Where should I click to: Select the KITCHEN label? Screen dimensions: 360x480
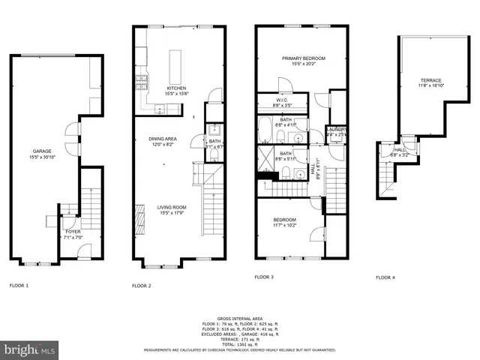pyautogui.click(x=176, y=88)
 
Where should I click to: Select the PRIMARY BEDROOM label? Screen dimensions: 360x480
pyautogui.click(x=304, y=58)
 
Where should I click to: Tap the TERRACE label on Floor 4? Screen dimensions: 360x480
pyautogui.click(x=430, y=80)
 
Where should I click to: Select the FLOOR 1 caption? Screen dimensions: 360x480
pyautogui.click(x=19, y=286)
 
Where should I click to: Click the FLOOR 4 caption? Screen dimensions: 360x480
pyautogui.click(x=385, y=277)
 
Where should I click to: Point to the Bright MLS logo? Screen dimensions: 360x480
pyautogui.click(x=30, y=349)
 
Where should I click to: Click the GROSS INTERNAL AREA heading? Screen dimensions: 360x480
pyautogui.click(x=239, y=319)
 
